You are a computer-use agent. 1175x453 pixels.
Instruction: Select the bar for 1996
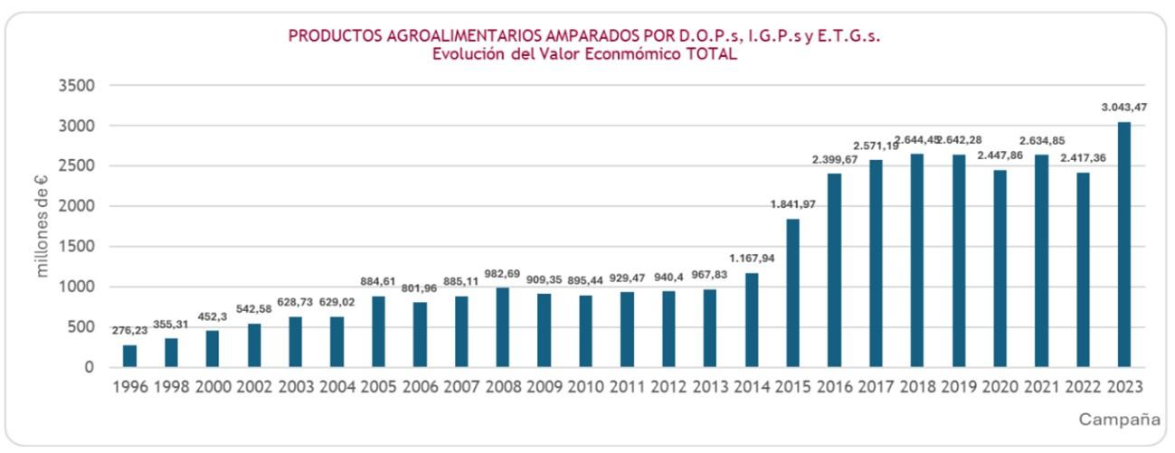click(x=130, y=356)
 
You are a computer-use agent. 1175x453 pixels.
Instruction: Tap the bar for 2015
click(x=792, y=293)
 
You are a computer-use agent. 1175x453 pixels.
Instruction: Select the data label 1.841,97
click(x=792, y=204)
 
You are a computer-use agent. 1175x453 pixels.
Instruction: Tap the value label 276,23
click(x=130, y=331)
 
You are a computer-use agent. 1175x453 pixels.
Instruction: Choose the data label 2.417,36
click(x=1082, y=157)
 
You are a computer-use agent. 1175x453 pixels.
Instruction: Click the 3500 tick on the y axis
click(x=75, y=86)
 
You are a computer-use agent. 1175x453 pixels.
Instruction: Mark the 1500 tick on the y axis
click(x=75, y=247)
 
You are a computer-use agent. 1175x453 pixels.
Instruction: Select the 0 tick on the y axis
click(x=89, y=368)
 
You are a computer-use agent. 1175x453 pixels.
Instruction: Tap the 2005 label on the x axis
click(x=378, y=388)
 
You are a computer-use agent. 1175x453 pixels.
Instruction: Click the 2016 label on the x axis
click(x=834, y=388)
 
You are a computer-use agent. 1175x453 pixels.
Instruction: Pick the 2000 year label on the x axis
click(x=213, y=388)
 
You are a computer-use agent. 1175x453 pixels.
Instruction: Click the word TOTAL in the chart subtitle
click(x=710, y=54)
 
